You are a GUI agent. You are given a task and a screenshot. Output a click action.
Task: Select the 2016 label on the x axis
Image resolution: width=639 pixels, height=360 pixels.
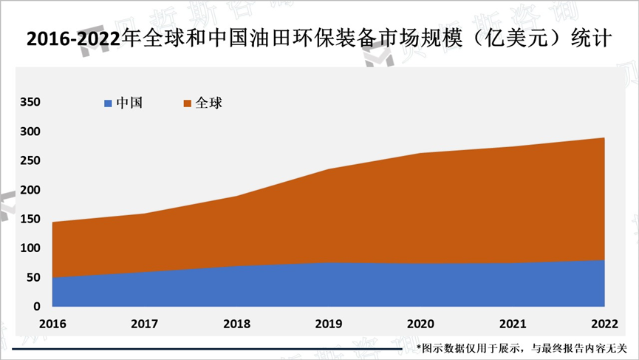click(52, 324)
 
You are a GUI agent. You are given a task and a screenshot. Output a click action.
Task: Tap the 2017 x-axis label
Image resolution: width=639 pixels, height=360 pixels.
click(144, 324)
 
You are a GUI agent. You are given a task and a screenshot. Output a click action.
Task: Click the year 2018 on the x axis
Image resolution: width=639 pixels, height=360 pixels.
click(236, 324)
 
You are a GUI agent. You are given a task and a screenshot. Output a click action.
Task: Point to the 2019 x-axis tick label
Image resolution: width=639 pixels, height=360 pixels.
click(329, 324)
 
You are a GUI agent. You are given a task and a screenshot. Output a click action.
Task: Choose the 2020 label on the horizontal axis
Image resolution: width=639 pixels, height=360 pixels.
click(420, 324)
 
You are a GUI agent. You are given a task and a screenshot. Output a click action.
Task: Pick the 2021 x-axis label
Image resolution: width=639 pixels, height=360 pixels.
click(513, 324)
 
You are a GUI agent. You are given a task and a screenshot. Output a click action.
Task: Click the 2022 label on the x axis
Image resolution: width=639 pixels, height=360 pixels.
click(605, 324)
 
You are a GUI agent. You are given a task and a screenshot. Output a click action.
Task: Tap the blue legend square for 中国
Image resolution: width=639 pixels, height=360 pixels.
click(109, 103)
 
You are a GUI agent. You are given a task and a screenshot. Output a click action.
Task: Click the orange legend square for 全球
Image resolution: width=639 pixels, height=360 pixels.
click(188, 103)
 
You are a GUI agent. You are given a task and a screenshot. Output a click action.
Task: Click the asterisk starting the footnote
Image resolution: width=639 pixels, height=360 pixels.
click(418, 347)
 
